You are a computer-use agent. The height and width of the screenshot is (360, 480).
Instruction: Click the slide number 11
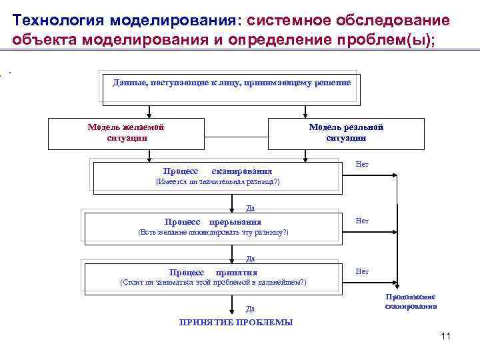(x=446, y=336)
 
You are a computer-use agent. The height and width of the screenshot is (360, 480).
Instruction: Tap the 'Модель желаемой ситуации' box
(x=126, y=133)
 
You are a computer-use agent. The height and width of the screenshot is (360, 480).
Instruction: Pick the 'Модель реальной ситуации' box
(x=346, y=133)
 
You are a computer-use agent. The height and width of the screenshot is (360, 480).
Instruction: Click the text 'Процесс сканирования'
(x=217, y=171)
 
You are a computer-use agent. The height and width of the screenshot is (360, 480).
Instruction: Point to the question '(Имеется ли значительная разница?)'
(x=217, y=182)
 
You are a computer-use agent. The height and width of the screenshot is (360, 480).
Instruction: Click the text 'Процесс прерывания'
(x=213, y=221)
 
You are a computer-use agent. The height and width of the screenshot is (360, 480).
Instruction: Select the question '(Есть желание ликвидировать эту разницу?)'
(x=213, y=232)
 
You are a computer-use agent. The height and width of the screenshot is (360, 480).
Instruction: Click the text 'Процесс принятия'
(x=213, y=272)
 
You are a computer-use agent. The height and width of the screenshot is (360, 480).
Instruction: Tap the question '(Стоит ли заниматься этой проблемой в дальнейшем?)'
(x=213, y=283)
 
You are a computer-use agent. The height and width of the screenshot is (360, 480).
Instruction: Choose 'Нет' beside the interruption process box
(x=362, y=220)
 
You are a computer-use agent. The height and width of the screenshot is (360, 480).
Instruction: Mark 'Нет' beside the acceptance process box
(x=362, y=271)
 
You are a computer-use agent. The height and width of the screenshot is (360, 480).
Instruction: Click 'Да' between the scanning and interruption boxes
(x=250, y=208)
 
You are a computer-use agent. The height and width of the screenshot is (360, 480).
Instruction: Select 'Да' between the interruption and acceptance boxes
(x=250, y=259)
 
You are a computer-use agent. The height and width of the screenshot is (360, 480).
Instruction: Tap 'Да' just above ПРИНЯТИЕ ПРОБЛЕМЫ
(x=250, y=309)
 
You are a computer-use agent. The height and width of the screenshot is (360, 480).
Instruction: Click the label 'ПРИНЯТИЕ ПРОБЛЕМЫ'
(x=236, y=323)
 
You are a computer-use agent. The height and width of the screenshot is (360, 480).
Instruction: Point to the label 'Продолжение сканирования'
(x=411, y=302)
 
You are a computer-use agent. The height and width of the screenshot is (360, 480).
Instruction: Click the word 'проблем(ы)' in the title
(x=387, y=39)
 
